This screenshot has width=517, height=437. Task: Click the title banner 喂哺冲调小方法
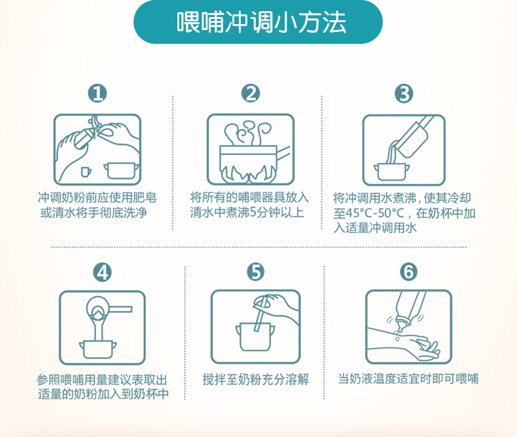tap(258, 22)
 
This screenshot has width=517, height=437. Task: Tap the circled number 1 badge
tap(98, 93)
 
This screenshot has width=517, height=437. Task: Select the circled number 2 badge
tap(251, 93)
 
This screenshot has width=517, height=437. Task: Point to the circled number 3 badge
tap(404, 94)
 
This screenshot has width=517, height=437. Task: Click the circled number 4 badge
tap(102, 272)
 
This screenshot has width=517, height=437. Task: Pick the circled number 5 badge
tap(256, 272)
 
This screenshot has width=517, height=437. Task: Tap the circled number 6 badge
tap(408, 272)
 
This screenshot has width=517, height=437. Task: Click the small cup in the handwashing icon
tap(86, 171)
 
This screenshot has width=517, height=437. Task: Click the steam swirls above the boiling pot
tap(247, 133)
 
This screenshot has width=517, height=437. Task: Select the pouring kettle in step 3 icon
tap(414, 136)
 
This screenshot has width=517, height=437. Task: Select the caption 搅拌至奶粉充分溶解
tap(255, 379)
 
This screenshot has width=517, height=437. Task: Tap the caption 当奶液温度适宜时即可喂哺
tap(408, 379)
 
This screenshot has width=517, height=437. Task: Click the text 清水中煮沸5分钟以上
tap(247, 212)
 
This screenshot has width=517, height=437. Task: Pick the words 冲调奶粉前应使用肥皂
tap(98, 198)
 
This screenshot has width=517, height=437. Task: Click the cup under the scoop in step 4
tap(98, 350)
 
